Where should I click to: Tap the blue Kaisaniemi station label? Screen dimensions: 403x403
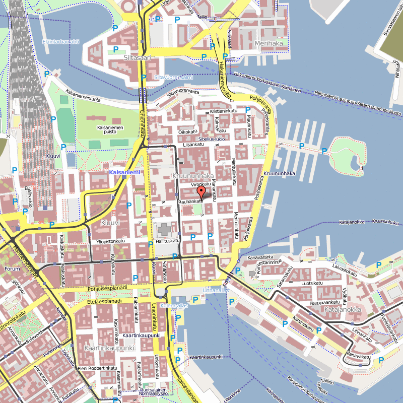pos(124,172)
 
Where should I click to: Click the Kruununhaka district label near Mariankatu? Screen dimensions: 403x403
pos(189,176)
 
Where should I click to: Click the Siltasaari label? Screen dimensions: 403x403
pos(137,58)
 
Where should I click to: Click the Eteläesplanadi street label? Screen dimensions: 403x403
pos(104,301)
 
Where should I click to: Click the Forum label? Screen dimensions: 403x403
pos(12,268)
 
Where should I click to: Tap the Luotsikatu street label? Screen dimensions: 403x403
pos(311,283)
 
